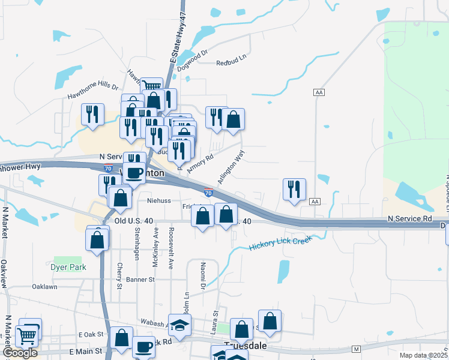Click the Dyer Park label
tap(68, 267)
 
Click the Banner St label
tap(140, 280)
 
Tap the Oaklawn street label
tap(44, 287)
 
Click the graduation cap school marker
tap(179, 325)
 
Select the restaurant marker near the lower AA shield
tap(294, 189)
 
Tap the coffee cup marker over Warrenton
tap(134, 173)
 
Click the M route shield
tap(356, 349)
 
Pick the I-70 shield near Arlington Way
tap(208, 193)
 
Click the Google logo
tap(20, 353)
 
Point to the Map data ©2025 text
tap(424, 355)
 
